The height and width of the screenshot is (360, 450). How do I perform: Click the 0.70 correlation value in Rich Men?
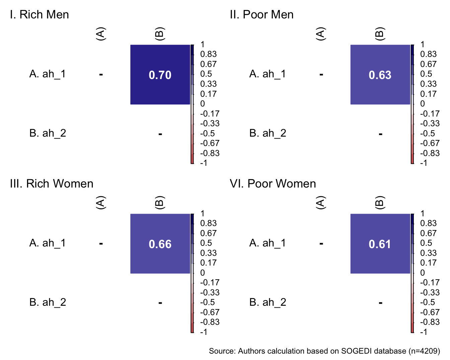160,75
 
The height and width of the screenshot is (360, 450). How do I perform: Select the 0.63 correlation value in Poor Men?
380,75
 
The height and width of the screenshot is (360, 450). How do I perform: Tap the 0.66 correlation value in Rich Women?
160,244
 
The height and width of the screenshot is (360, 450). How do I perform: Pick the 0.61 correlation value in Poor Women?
380,244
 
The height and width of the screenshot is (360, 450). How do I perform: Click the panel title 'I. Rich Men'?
40,15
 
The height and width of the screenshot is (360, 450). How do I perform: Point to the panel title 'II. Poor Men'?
261,15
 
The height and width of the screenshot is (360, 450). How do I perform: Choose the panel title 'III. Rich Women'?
52,184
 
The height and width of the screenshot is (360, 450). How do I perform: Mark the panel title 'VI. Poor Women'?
273,184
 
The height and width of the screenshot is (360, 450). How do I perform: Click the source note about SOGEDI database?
324,351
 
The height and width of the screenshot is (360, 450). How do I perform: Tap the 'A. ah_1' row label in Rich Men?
48,74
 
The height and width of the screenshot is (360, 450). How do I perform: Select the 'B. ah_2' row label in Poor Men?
268,133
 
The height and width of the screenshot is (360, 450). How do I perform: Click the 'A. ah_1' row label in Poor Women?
268,243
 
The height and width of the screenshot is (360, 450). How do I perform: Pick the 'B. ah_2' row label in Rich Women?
48,302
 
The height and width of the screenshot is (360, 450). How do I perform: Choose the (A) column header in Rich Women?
101,203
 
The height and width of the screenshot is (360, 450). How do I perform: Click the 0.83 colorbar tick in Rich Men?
208,54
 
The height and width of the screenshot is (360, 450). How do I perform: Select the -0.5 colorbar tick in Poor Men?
428,134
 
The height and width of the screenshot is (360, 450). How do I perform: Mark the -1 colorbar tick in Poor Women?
424,332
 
